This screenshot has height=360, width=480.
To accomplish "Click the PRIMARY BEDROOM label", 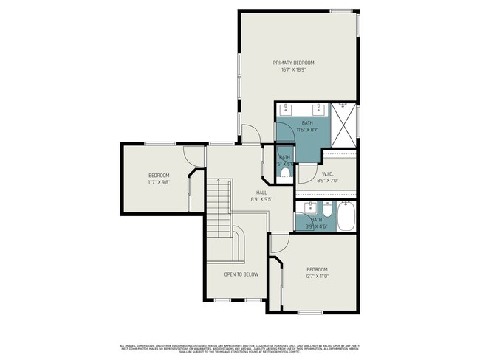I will pos(294,63).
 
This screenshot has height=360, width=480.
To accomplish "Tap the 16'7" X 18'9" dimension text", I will pos(294,69).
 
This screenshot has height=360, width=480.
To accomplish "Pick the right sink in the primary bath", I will pos(310,109).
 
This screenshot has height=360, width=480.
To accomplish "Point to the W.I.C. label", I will pos(329,174).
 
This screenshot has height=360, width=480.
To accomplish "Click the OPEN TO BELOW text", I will pos(241,274).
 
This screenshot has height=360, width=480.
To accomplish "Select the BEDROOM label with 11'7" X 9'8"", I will pos(159,175).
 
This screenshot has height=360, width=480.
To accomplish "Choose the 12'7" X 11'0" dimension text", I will pos(317,276).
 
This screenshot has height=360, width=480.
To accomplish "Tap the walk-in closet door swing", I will pos(305,173).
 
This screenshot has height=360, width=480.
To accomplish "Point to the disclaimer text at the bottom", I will pos(240,348).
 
